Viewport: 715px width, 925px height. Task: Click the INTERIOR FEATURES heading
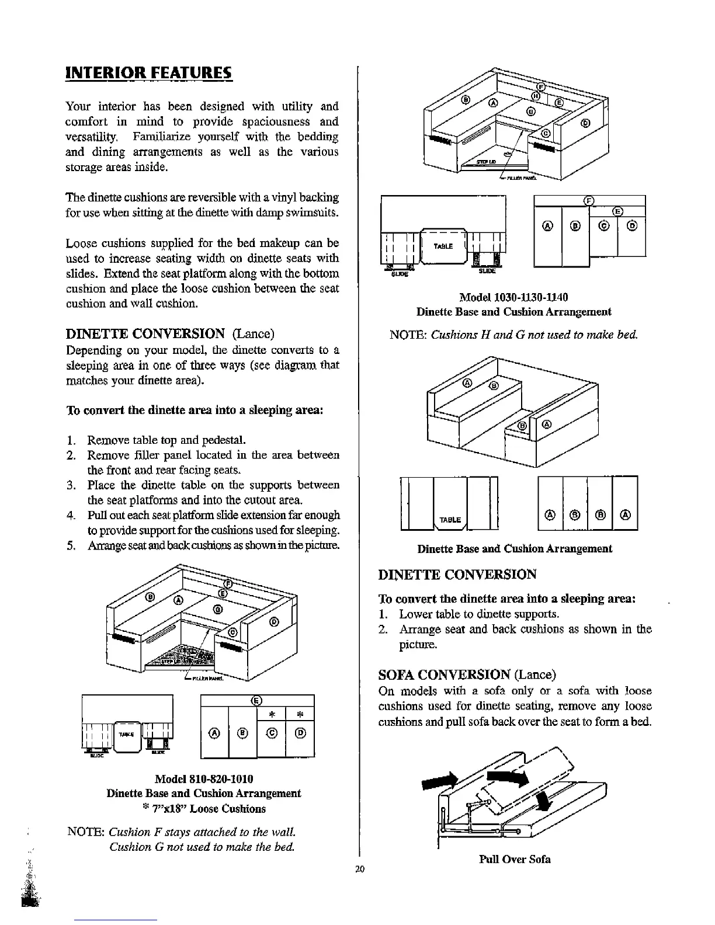tap(148, 74)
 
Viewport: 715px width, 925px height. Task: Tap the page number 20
tap(359, 870)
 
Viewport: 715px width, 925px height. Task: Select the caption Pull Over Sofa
tap(515, 859)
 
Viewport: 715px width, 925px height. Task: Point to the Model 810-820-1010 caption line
tap(204, 779)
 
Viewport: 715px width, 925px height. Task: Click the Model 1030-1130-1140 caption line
tap(513, 297)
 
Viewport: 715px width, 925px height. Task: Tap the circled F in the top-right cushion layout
tap(590, 201)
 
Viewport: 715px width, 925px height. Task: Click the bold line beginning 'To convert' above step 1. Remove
tap(195, 409)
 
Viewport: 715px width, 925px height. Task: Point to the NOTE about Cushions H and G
tap(513, 335)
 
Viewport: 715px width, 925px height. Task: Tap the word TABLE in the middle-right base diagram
tap(450, 520)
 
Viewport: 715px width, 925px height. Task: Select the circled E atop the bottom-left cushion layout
tap(256, 701)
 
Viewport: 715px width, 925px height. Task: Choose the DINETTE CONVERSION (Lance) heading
tap(170, 334)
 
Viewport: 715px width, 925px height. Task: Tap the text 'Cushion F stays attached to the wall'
tap(202, 832)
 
